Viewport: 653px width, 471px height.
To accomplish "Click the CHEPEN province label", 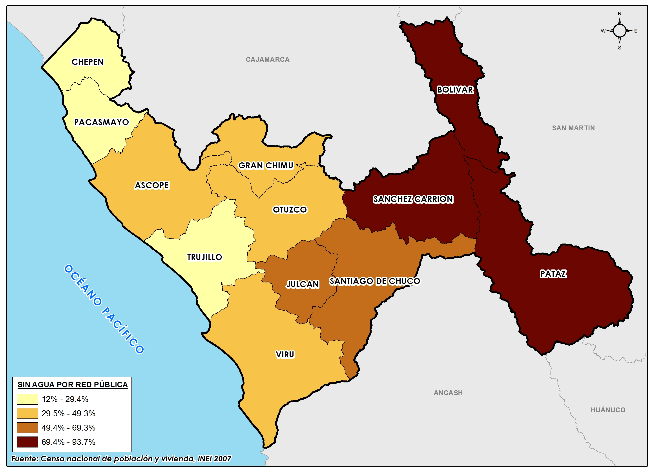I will coord(88,62).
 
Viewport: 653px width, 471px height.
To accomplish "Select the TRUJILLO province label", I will coord(205,257).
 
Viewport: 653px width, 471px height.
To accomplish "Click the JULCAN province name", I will coord(302,284).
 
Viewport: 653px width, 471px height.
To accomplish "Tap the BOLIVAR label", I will coord(455,90).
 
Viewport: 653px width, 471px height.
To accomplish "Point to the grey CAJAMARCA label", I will coord(268,60).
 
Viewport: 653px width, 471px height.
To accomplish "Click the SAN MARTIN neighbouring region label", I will coord(573,128).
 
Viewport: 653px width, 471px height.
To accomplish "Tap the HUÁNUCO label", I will coord(608,410).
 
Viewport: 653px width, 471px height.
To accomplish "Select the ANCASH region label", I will coord(448,393).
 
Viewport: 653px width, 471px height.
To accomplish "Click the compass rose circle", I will coord(619,31).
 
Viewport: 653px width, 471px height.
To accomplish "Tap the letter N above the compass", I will coord(619,14).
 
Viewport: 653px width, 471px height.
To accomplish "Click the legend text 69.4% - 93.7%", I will coord(68,442).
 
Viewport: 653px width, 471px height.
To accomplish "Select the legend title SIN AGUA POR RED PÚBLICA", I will coord(73,385).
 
